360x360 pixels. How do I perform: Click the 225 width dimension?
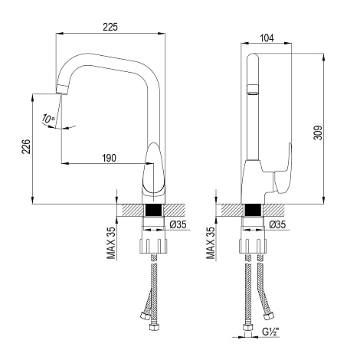pyautogui.click(x=110, y=27)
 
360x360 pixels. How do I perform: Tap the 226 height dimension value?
pyautogui.click(x=26, y=146)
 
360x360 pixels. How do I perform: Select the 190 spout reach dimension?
pyautogui.click(x=110, y=158)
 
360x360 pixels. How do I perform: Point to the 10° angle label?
pyautogui.click(x=48, y=119)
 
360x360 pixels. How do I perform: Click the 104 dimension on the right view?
pyautogui.click(x=267, y=38)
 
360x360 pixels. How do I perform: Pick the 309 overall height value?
pyautogui.click(x=318, y=133)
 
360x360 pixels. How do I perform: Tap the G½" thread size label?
pyautogui.click(x=270, y=332)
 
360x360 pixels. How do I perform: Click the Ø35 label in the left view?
pyautogui.click(x=178, y=224)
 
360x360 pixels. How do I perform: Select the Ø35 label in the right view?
pyautogui.click(x=277, y=224)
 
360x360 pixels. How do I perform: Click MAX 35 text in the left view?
pyautogui.click(x=111, y=243)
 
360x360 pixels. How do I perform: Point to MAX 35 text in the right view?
pyautogui.click(x=211, y=243)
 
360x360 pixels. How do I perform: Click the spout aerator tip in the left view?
pyautogui.click(x=62, y=89)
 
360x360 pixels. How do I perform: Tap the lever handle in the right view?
pyautogui.click(x=282, y=169)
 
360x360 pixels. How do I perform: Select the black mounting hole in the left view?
pyautogui.click(x=153, y=211)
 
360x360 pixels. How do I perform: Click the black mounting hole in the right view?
pyautogui.click(x=253, y=211)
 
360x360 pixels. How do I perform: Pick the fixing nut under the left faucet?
pyautogui.click(x=153, y=246)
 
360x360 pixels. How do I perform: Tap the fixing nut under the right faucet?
pyautogui.click(x=253, y=246)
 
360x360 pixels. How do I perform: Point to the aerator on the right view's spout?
pyautogui.click(x=254, y=90)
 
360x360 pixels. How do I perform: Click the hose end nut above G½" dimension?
pyautogui.click(x=247, y=328)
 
